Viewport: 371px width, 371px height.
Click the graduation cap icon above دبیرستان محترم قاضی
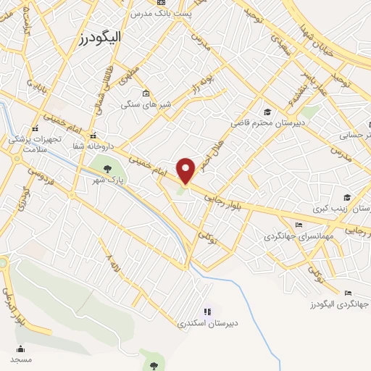click(x=267, y=112)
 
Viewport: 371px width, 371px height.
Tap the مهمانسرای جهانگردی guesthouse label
click(x=298, y=235)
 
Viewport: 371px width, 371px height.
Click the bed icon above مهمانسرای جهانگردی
click(x=299, y=225)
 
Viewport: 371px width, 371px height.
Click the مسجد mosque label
click(x=21, y=359)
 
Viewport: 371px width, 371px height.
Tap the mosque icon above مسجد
click(x=20, y=349)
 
